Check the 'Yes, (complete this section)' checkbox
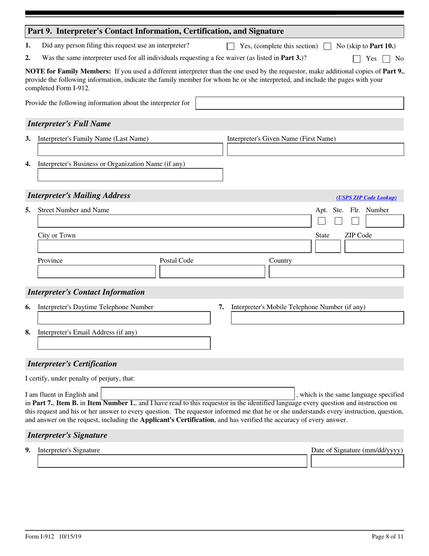point(230,46)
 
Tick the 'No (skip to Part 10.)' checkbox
point(328,46)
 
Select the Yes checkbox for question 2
point(357,58)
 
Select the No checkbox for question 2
point(387,58)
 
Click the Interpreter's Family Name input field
point(130,150)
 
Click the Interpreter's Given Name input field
point(315,150)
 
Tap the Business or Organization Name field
point(130,175)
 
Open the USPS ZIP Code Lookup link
point(366,198)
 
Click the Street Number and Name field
point(174,221)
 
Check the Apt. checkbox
point(322,221)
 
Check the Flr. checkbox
point(355,221)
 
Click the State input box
point(328,246)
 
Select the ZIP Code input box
point(374,246)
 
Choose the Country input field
point(336,272)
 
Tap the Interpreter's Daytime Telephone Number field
point(124,318)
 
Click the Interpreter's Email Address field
point(124,344)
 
